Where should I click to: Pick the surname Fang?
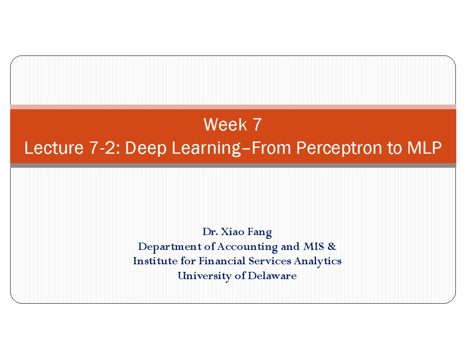click(261, 232)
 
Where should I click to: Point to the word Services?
click(270, 261)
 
